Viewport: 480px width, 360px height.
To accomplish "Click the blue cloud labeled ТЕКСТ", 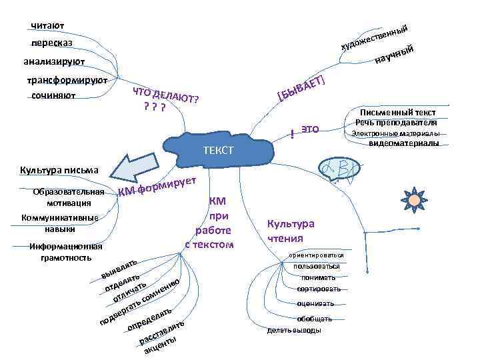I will point(220,149).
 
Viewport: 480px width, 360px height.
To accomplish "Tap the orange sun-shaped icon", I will point(415,198).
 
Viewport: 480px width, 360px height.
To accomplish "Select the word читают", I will point(47,26).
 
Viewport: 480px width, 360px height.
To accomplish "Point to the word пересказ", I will point(51,43).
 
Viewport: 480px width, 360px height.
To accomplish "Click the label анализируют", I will point(53,62).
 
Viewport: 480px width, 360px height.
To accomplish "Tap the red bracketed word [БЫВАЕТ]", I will point(301,89).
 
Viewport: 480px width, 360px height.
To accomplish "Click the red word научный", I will point(396,56).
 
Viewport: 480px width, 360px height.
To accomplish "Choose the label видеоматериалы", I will point(403,143).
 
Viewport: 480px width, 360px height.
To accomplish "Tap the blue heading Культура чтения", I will point(290,231).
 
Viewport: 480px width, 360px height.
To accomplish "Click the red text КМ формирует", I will point(157,187).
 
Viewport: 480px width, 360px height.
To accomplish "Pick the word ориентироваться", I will point(316,255).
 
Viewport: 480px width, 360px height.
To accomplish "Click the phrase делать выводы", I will point(294,330).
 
